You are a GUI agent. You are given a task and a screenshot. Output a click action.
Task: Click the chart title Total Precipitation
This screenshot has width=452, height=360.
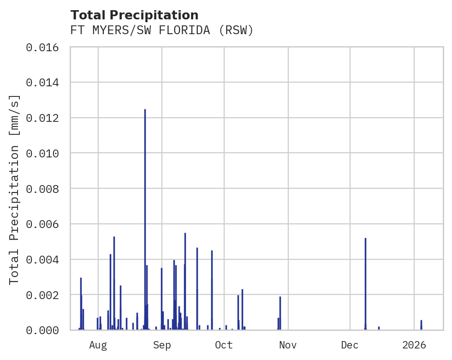(x=134, y=15)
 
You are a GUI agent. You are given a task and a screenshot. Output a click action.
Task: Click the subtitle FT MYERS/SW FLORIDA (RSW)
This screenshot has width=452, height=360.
(x=162, y=30)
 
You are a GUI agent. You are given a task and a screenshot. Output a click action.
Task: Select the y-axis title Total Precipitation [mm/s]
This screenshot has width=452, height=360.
(x=15, y=189)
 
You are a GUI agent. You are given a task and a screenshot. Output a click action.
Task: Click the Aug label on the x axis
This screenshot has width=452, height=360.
(x=98, y=345)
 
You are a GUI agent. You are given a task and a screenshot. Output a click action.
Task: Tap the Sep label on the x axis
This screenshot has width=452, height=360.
(x=162, y=345)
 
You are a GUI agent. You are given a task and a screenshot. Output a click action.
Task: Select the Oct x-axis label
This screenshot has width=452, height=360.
(x=224, y=345)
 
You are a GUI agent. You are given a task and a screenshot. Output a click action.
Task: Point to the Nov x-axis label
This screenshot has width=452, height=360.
(x=288, y=345)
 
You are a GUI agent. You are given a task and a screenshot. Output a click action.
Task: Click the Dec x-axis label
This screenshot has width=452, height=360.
(x=350, y=345)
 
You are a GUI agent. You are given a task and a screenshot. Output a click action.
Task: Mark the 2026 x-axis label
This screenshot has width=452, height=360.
(x=414, y=345)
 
